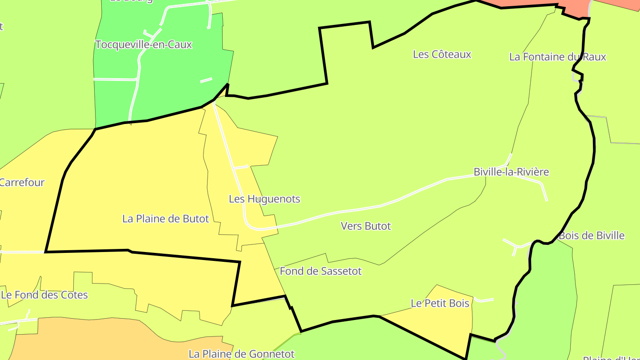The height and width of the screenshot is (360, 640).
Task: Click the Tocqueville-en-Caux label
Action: pos(143,44)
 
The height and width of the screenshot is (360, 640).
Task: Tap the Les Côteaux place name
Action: pos(442,54)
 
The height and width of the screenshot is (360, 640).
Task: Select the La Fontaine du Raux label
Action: pos(557,57)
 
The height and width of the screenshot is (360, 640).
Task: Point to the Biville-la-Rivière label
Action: pos(511,172)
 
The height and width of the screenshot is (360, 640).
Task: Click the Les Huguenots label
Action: pos(264,199)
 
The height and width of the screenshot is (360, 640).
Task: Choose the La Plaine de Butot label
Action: pos(165,219)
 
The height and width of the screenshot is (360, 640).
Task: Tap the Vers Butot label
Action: pos(366,226)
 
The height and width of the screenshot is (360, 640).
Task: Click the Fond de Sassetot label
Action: pos(321,271)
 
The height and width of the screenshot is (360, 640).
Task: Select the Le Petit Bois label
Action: pos(440,303)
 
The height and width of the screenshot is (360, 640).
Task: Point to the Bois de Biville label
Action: pos(592,236)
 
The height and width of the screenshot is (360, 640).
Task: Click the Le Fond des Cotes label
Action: pos(44,295)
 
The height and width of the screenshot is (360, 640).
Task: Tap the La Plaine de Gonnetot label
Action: pos(241,354)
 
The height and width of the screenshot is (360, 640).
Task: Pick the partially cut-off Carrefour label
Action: pos(22,182)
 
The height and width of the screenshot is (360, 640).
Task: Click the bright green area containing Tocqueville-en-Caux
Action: pos(178,80)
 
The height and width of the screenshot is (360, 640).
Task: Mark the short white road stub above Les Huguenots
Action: pos(240,168)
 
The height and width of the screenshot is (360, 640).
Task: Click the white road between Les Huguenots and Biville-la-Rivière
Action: pos(356,209)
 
